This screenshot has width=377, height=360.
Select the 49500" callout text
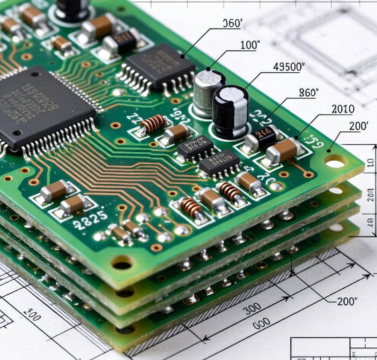pos(289,67)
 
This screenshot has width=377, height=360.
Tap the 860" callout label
pos(309,92)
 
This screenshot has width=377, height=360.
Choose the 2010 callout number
pos(342,109)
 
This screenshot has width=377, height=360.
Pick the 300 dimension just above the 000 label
pos(251,309)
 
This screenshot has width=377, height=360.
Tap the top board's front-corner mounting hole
pos(122,263)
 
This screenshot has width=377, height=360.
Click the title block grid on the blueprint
pos(333,348)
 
